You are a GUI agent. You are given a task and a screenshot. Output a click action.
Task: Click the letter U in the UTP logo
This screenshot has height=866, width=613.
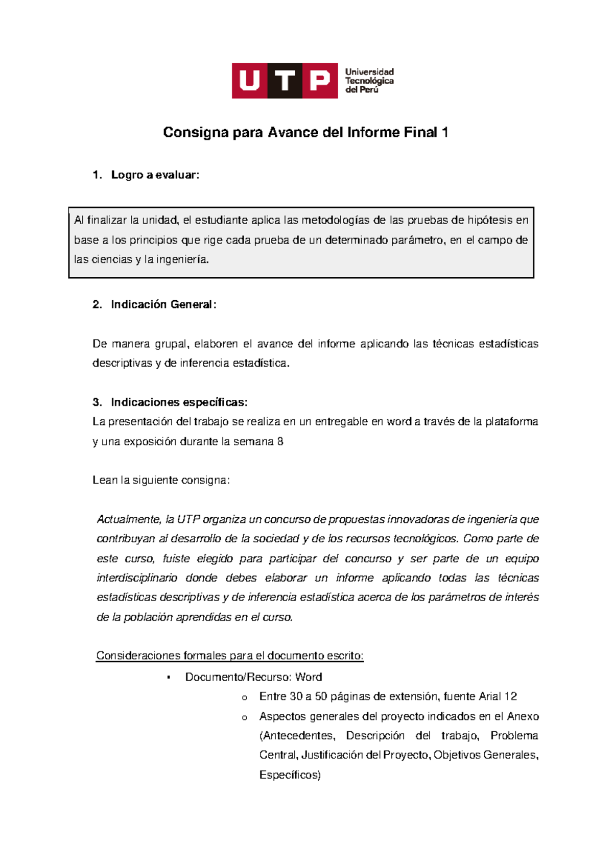tap(249, 81)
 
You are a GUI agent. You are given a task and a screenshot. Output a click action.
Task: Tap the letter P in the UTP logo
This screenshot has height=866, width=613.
tap(320, 81)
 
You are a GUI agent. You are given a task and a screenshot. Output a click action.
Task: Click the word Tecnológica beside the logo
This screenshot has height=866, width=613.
tap(369, 81)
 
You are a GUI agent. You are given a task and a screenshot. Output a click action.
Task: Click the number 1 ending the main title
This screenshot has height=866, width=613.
tap(445, 133)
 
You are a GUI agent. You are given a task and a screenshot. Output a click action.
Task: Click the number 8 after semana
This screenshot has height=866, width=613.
tap(280, 442)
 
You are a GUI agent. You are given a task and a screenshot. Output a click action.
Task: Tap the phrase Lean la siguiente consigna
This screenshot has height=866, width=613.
tap(161, 480)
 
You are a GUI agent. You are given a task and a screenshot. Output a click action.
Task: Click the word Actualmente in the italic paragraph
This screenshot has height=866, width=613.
tap(129, 520)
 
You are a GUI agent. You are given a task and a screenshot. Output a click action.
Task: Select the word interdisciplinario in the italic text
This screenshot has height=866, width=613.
tap(137, 578)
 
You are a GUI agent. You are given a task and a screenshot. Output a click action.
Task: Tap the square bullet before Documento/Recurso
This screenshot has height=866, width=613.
tap(169, 678)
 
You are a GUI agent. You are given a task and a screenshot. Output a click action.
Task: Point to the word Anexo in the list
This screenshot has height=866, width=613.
tap(523, 716)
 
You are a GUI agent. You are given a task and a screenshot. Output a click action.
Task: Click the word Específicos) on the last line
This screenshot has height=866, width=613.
tap(290, 775)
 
